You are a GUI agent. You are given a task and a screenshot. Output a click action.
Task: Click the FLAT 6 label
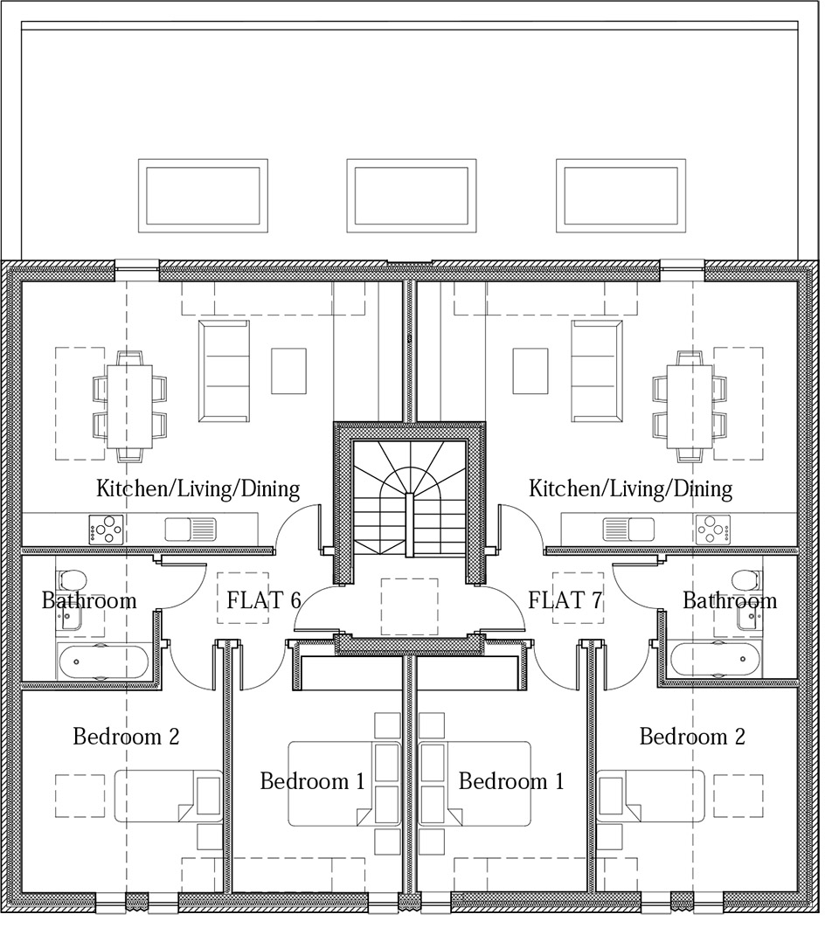click(264, 599)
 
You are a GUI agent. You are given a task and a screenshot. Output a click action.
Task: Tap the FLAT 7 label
click(565, 599)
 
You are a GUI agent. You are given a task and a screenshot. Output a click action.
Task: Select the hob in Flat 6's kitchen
click(106, 530)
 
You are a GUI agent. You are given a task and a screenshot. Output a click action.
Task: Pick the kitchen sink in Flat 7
click(628, 529)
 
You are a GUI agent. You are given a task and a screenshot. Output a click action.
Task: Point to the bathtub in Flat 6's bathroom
click(103, 661)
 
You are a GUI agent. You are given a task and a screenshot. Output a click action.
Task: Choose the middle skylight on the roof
click(412, 196)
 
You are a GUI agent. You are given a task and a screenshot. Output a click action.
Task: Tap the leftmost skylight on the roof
click(203, 196)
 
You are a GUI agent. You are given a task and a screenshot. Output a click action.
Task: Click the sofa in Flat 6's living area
click(225, 371)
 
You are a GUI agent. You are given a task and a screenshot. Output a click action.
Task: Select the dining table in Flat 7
click(690, 406)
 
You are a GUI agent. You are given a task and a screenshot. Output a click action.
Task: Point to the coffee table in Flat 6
click(288, 371)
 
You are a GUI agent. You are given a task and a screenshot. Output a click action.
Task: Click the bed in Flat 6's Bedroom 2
click(169, 796)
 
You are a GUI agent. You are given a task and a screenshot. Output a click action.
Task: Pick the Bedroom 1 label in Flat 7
click(511, 781)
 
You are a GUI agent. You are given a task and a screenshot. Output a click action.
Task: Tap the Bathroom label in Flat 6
click(89, 599)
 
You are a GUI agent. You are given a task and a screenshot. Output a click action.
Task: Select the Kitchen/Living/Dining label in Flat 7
click(630, 488)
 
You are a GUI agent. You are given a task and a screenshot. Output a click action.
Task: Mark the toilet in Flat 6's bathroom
click(73, 579)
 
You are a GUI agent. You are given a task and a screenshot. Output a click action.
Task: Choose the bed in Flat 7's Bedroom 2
click(650, 796)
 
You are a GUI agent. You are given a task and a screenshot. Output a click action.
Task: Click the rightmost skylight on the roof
click(621, 196)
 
